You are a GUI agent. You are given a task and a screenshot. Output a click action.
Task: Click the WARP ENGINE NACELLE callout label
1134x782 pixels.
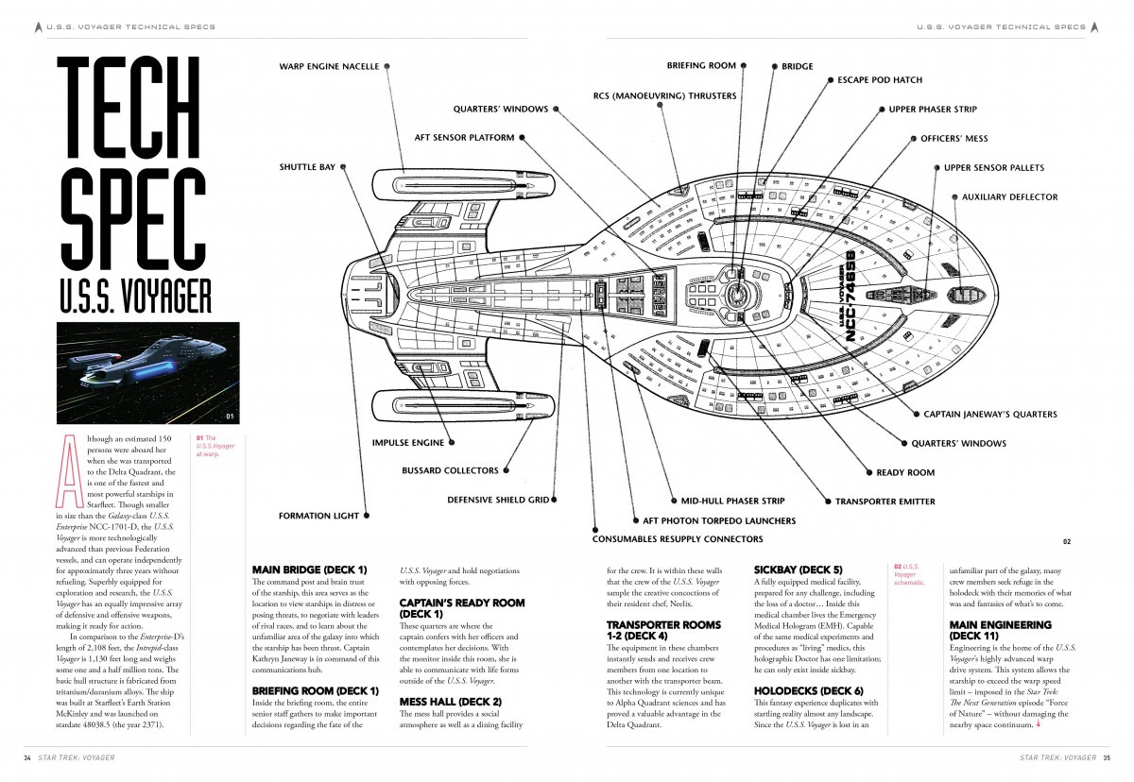tap(329, 66)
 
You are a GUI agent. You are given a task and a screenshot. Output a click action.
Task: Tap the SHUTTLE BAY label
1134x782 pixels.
tap(307, 167)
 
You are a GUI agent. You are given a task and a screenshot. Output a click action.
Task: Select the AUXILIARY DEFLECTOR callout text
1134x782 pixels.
tap(1009, 197)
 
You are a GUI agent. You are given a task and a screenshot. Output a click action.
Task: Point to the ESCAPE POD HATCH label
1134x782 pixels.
tap(880, 80)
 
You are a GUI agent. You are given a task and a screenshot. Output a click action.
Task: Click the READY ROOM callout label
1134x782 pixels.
tap(905, 472)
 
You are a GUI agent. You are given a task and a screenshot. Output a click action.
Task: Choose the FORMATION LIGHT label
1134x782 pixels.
tap(318, 516)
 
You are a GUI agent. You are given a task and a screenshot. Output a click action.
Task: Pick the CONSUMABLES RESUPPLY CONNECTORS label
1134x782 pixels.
tap(677, 539)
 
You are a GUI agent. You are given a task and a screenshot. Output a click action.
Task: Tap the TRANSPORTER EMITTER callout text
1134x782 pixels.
tap(885, 501)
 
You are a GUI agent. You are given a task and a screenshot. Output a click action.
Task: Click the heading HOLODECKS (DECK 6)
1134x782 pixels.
tap(808, 691)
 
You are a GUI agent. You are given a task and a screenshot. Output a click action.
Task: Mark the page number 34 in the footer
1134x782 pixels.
tap(27, 757)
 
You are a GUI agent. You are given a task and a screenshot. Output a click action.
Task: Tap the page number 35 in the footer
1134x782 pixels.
tap(1106, 757)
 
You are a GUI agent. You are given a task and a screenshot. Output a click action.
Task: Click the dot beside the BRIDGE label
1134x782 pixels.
tap(770, 67)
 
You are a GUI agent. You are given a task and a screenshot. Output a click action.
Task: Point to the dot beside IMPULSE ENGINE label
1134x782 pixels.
tap(451, 442)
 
